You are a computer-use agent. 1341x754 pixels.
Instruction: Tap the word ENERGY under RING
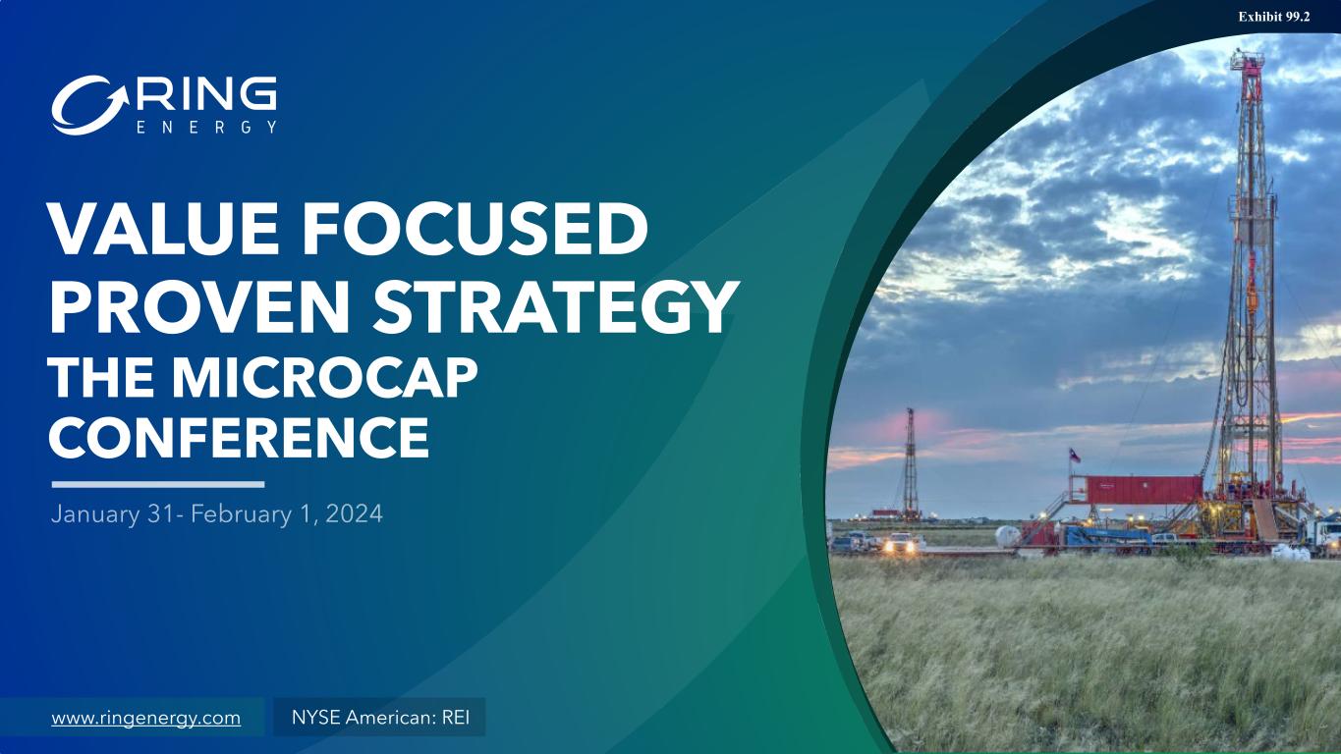(206, 128)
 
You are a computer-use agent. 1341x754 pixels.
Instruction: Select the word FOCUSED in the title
(475, 229)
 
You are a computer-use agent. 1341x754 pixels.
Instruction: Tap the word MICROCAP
(326, 378)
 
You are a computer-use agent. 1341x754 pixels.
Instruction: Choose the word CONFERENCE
(239, 438)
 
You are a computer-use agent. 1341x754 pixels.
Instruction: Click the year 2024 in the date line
(354, 514)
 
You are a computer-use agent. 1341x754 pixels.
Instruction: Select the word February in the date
(241, 514)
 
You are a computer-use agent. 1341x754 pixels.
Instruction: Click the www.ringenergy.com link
(146, 718)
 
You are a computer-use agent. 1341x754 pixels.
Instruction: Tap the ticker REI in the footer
(456, 717)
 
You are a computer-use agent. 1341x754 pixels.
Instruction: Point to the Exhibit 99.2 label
(1274, 17)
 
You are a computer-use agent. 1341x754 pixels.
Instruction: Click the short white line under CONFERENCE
(158, 484)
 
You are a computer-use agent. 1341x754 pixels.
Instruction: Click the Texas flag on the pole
(1075, 456)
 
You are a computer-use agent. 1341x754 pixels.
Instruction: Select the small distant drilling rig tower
(910, 462)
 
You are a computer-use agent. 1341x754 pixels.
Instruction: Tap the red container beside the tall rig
(1144, 490)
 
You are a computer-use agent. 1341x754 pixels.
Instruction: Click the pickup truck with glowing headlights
(904, 542)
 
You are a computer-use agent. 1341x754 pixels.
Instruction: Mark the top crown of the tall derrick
(1247, 61)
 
